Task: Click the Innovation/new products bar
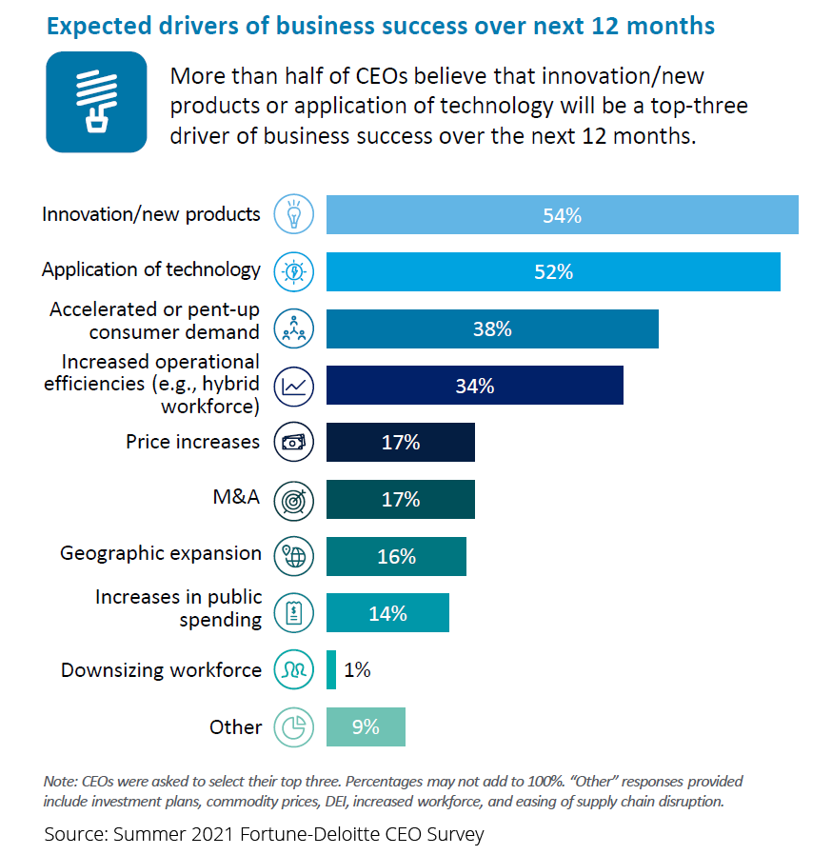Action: (562, 215)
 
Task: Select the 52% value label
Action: (553, 272)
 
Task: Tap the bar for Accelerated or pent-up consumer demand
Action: (492, 329)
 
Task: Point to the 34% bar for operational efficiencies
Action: (474, 387)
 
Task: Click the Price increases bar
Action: (400, 443)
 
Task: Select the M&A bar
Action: (400, 500)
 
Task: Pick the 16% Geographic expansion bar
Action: (396, 557)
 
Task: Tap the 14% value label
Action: (387, 614)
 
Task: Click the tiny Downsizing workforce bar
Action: (331, 670)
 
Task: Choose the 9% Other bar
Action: (366, 727)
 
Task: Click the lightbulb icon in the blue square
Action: (96, 102)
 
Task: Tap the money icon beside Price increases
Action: (294, 443)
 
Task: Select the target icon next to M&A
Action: (294, 500)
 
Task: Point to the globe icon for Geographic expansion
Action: (294, 557)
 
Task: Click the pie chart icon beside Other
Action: (294, 727)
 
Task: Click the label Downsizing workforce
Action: (161, 670)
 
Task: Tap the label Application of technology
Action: (150, 269)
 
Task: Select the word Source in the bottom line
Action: (73, 835)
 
